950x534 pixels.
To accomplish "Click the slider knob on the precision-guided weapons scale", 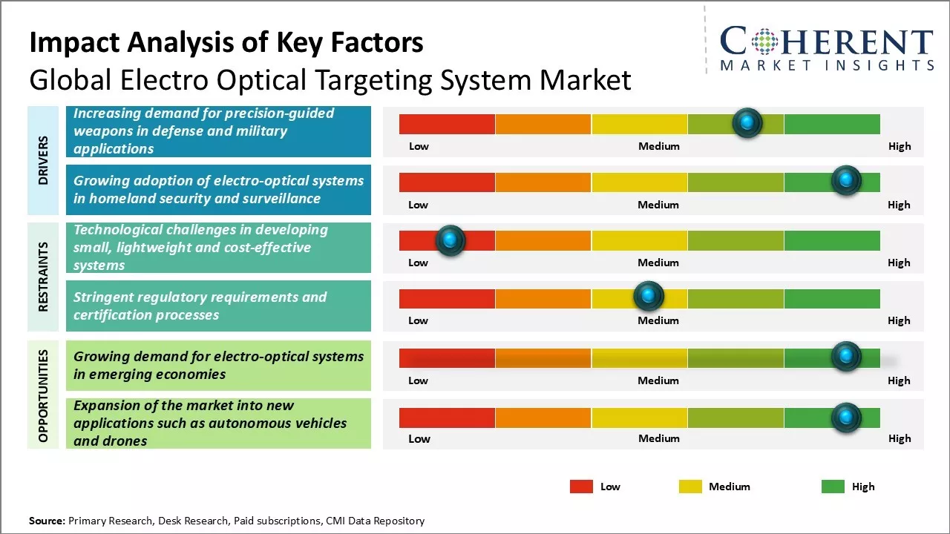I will tap(747, 122).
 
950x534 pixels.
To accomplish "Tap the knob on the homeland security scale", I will tap(845, 180).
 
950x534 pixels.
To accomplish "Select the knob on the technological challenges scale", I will tap(450, 240).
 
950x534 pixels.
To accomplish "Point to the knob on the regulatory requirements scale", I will tap(649, 297).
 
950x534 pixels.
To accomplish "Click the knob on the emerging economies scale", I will tap(845, 357).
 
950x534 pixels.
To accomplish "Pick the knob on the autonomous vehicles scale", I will tap(845, 418).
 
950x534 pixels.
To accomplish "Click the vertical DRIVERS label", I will tap(43, 160).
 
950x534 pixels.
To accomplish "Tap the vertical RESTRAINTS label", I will tap(43, 276).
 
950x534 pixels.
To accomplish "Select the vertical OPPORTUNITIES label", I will tap(43, 395).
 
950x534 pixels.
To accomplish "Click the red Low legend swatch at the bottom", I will tap(581, 487).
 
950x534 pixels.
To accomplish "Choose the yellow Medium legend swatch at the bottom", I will tap(690, 487).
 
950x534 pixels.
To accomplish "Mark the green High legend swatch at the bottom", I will tap(833, 487).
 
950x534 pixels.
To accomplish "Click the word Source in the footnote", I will tap(46, 521).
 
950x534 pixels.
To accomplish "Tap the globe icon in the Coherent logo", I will tap(765, 42).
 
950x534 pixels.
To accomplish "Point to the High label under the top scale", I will tap(899, 146).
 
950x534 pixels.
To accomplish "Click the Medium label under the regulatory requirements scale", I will tap(658, 320).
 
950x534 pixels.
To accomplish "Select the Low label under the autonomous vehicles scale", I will tap(419, 438).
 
